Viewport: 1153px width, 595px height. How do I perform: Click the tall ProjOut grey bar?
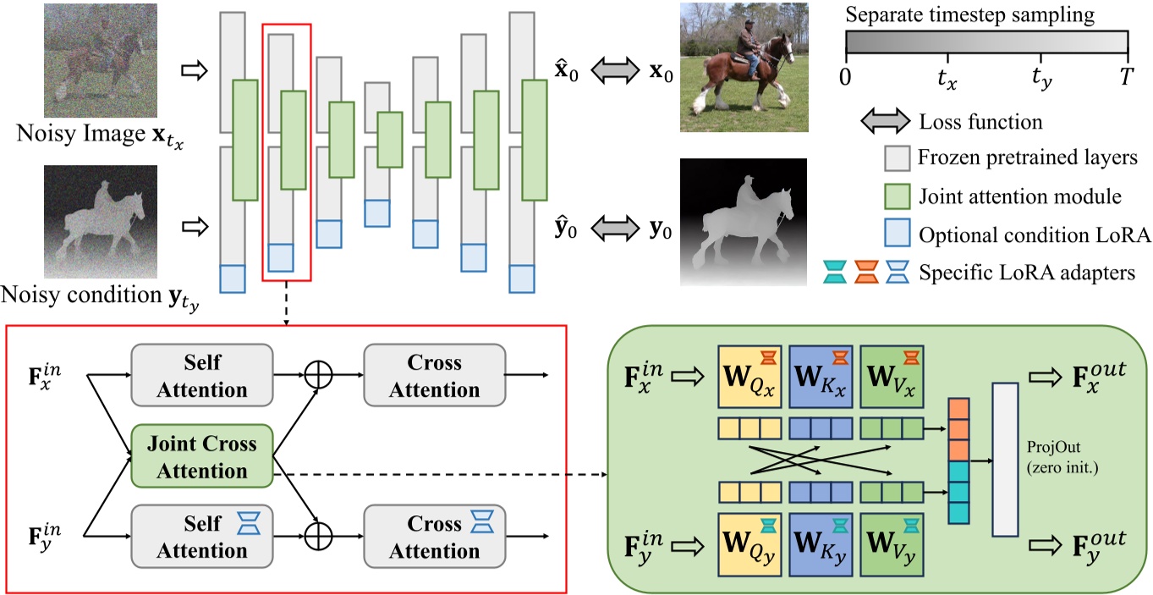(1006, 459)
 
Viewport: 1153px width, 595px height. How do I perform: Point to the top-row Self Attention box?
(201, 376)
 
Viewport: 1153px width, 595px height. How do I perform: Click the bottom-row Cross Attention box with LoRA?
(434, 537)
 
